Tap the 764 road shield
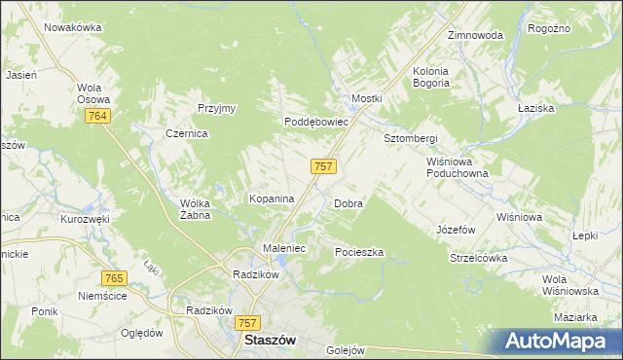96,116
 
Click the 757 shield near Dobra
324,166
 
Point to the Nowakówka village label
73,27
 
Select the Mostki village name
367,99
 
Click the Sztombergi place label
410,138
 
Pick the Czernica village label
187,134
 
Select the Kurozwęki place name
85,220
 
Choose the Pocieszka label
359,252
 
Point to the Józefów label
456,231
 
